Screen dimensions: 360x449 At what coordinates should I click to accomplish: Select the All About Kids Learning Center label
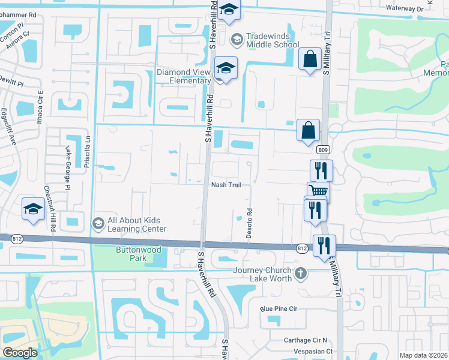click(x=137, y=224)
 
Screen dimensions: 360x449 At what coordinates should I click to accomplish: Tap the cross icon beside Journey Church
click(x=301, y=274)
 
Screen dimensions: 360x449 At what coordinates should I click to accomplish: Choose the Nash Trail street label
click(x=226, y=185)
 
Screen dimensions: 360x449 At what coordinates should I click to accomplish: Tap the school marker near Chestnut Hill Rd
click(x=34, y=208)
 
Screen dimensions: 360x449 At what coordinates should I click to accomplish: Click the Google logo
click(x=20, y=352)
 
